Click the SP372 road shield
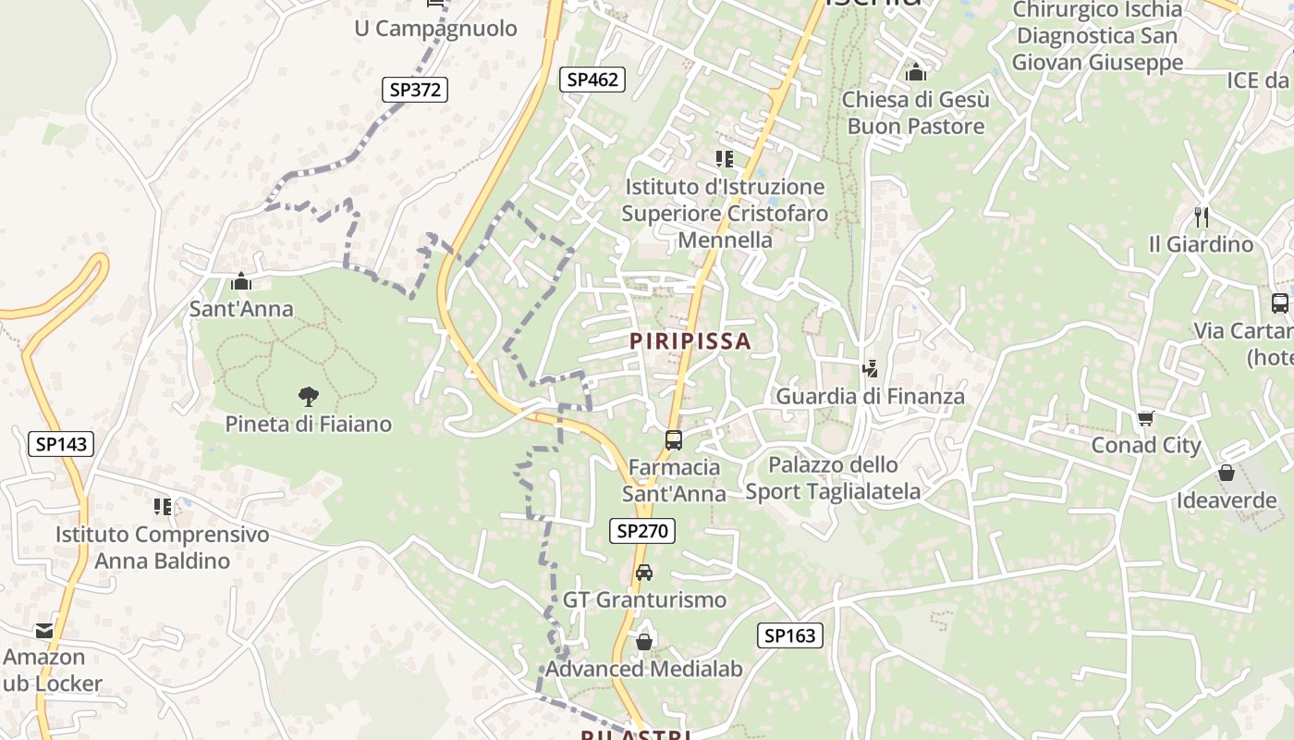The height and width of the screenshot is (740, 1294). click(x=415, y=90)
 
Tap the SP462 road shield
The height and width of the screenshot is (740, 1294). click(x=592, y=80)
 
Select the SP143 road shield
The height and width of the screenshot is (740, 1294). click(x=62, y=444)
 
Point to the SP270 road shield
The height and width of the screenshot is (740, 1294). click(x=642, y=531)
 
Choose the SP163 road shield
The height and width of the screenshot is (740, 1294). click(x=790, y=635)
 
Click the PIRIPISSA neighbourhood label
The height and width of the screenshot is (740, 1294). click(x=690, y=341)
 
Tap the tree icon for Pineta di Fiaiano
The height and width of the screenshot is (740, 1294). click(x=309, y=397)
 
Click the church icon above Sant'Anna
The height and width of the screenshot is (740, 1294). click(x=241, y=281)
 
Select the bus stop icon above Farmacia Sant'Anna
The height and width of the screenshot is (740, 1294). click(x=674, y=439)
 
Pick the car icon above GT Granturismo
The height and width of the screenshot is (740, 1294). click(x=644, y=573)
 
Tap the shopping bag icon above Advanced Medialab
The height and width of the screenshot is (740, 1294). click(x=644, y=641)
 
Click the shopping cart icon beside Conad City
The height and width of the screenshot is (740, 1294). click(x=1146, y=419)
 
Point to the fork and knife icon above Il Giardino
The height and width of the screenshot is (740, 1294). click(x=1201, y=217)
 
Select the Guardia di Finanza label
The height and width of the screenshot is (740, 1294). click(x=870, y=397)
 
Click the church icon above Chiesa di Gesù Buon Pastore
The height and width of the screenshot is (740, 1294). click(x=916, y=71)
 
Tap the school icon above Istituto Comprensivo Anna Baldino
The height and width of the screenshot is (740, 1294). click(x=163, y=507)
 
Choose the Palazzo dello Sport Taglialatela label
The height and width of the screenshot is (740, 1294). click(x=833, y=478)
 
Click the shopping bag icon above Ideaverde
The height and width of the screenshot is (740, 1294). click(x=1227, y=473)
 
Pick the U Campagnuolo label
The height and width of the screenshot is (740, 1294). click(x=435, y=29)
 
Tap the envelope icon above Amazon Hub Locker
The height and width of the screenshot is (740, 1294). click(x=44, y=631)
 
